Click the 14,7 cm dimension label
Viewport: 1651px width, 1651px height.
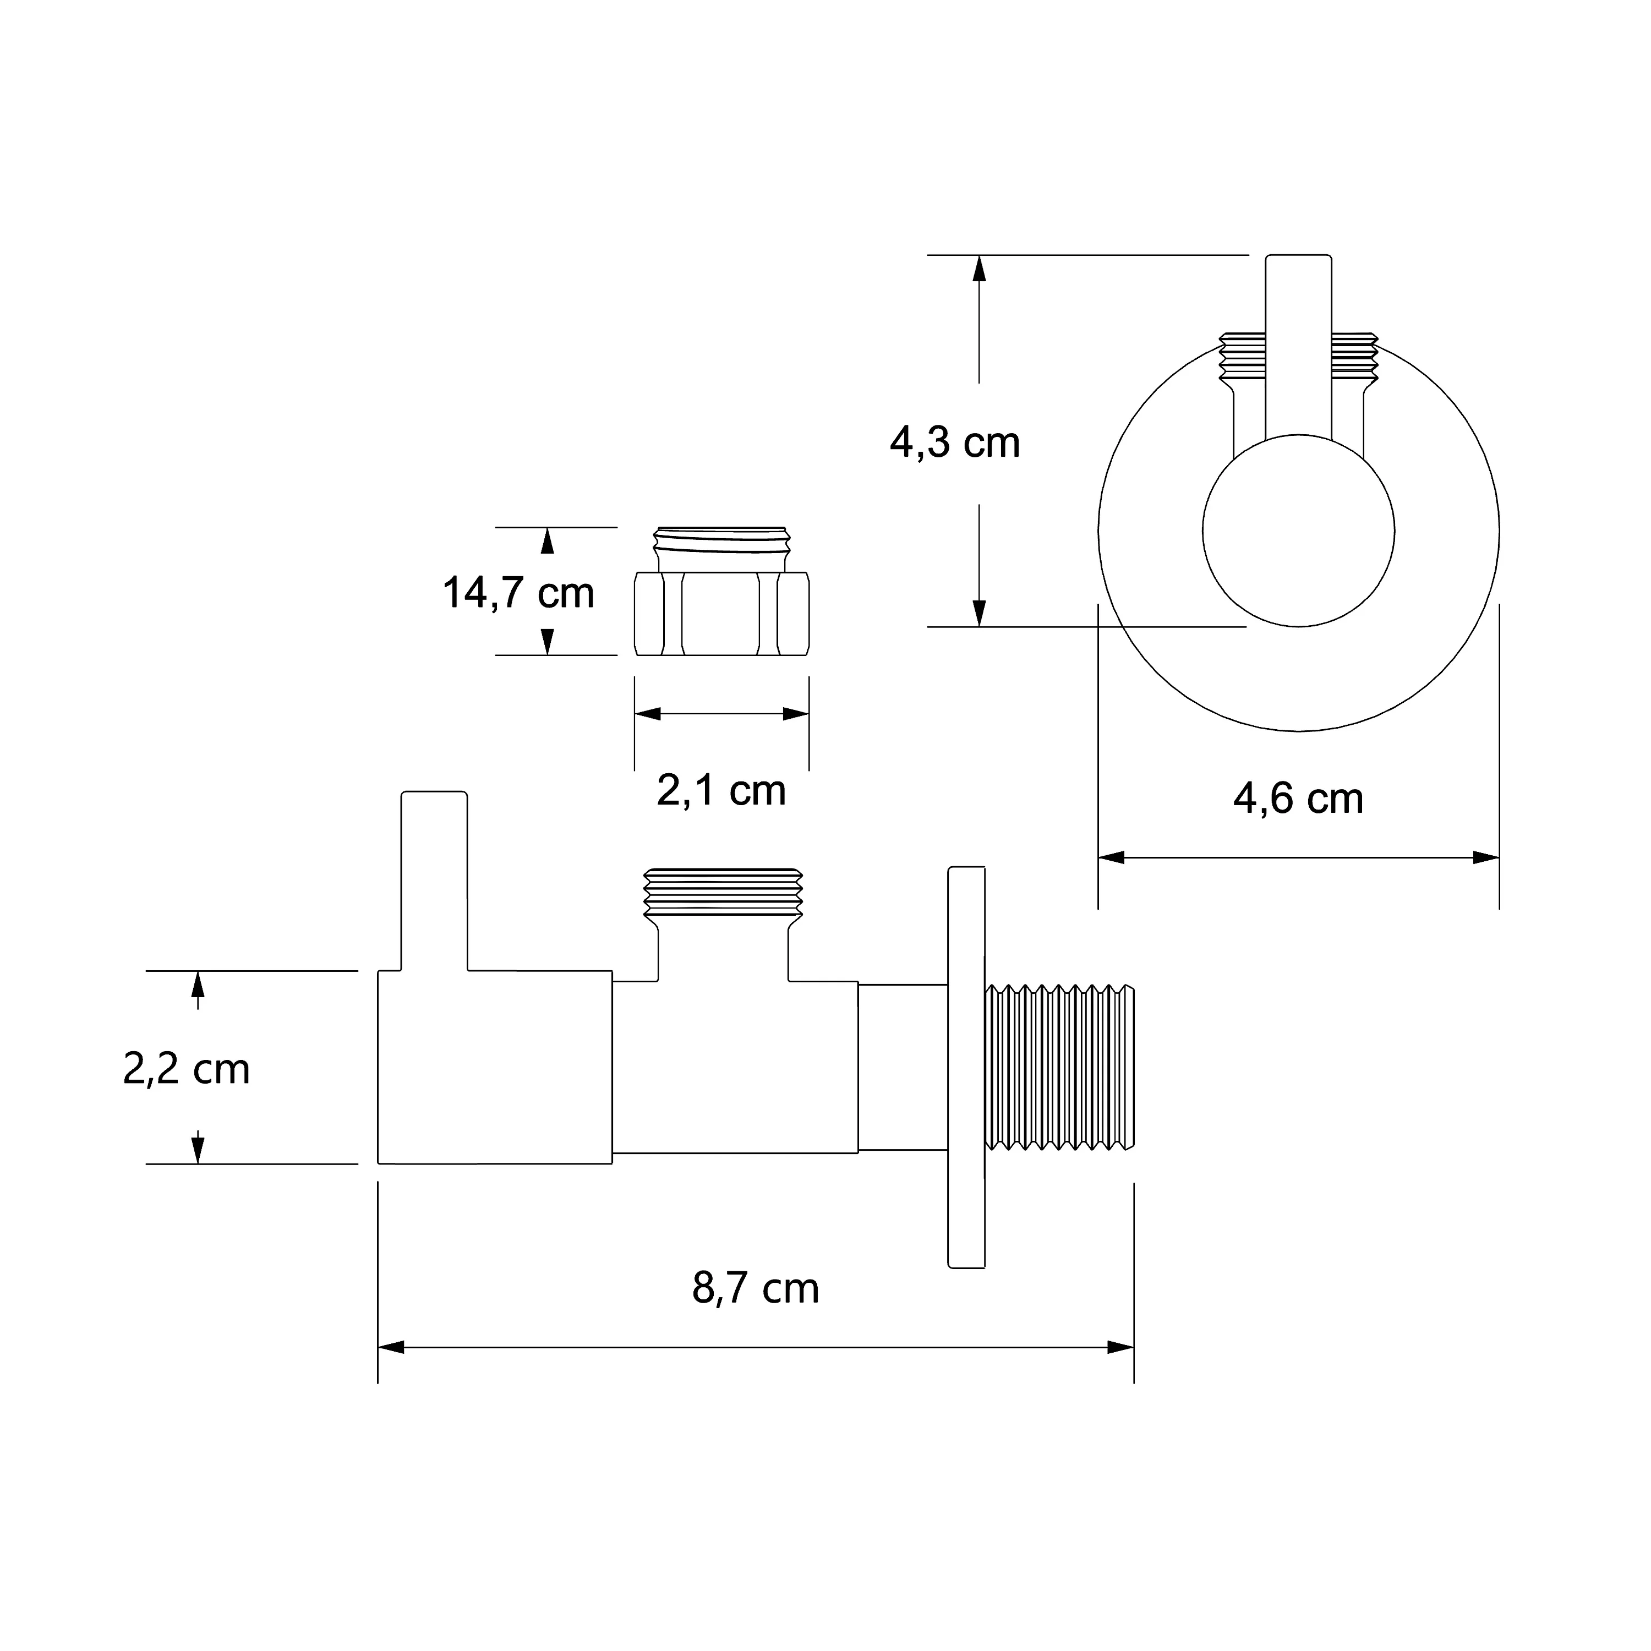tap(518, 593)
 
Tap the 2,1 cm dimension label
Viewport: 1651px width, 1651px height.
tap(721, 790)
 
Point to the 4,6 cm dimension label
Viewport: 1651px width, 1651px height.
tap(1298, 799)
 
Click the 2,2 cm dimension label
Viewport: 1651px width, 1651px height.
tap(187, 1069)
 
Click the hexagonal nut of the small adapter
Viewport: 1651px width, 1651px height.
tap(722, 614)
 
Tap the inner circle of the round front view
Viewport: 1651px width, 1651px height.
tap(1298, 531)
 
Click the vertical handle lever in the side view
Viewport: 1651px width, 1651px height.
tap(434, 881)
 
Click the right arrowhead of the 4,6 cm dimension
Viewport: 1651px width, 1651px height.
tap(1487, 857)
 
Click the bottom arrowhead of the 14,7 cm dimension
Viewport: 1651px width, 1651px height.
tap(548, 642)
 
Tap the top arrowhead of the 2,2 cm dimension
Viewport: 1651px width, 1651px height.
tap(198, 985)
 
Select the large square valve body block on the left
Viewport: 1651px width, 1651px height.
tap(495, 1067)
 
